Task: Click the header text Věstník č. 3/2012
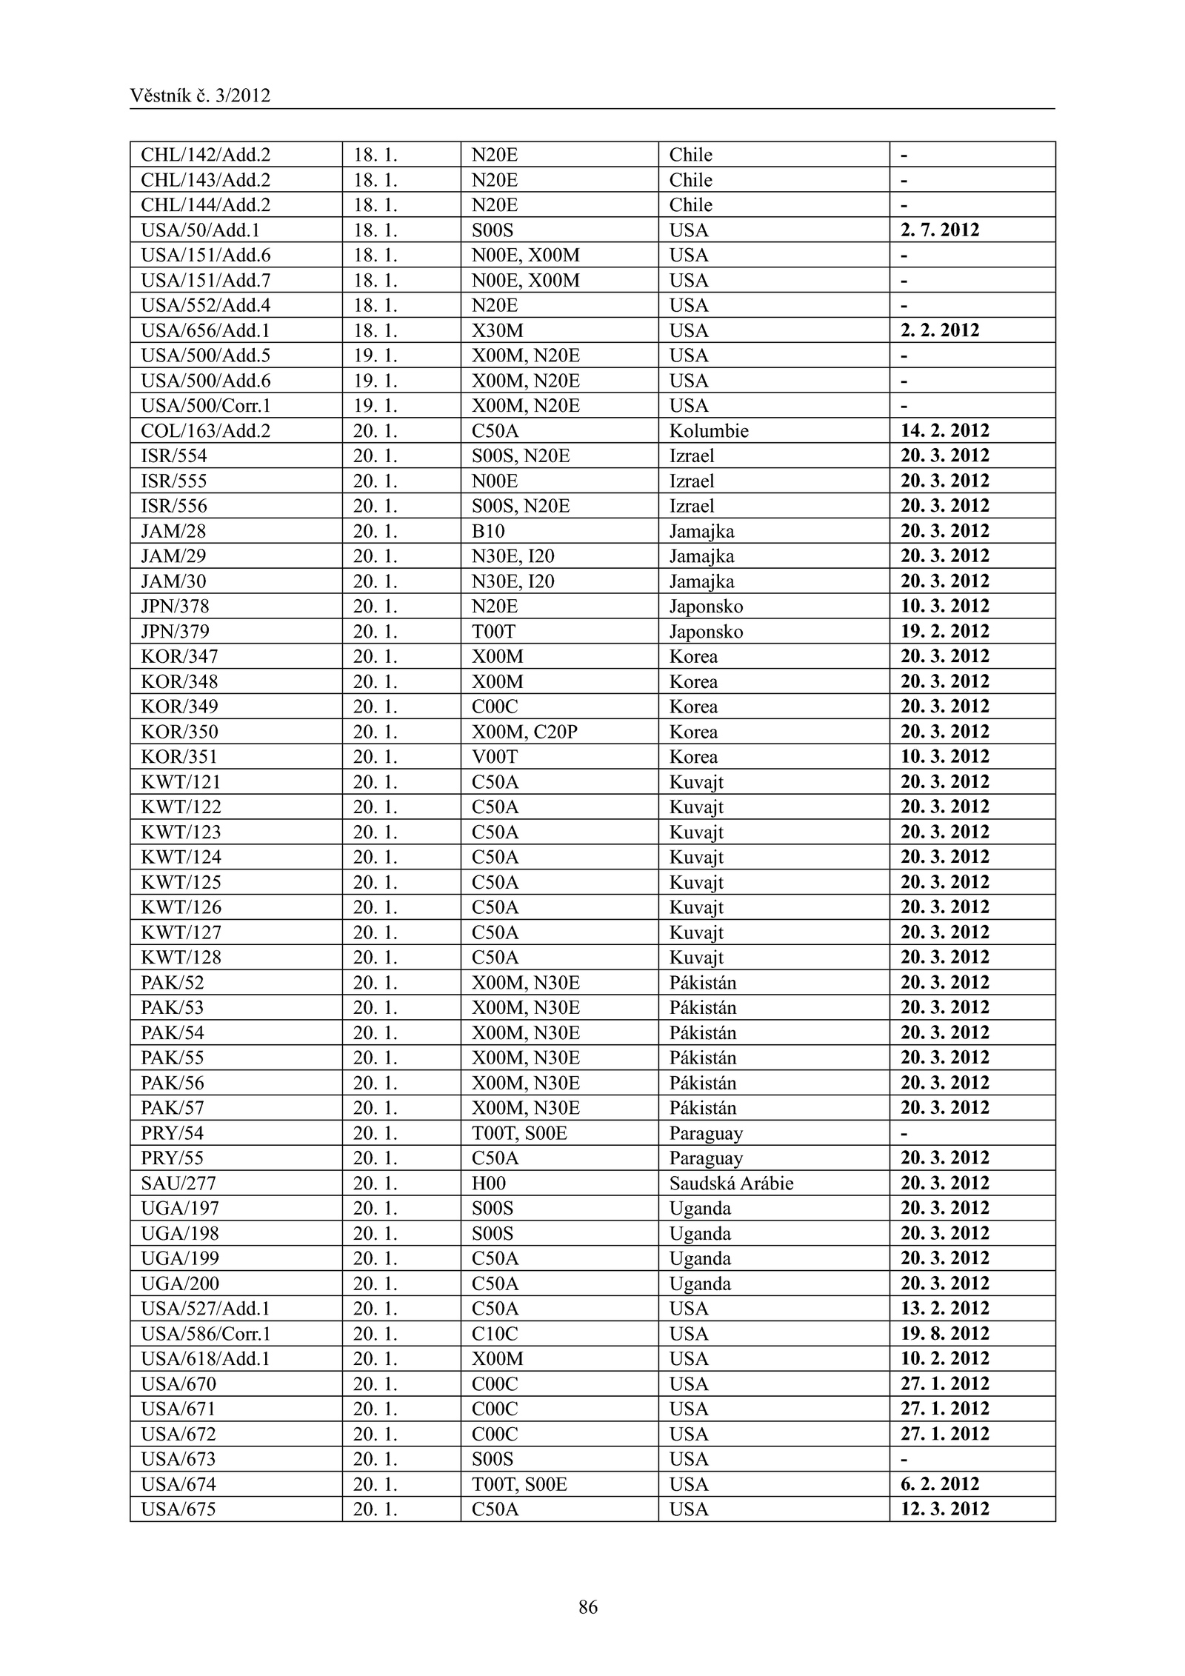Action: coord(200,96)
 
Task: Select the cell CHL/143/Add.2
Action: coord(206,180)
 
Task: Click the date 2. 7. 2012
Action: coord(939,230)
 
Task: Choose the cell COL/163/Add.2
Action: coord(206,431)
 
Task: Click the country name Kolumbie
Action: coord(709,431)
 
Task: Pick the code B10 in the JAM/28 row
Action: coord(488,531)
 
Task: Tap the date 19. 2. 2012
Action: coord(944,631)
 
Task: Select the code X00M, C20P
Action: coord(524,732)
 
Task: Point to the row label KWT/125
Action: coord(181,882)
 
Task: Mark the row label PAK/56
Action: coord(173,1083)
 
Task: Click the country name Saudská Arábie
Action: coord(731,1183)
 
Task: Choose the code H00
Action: coord(489,1183)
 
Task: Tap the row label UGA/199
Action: coord(180,1258)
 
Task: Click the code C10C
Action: coord(495,1334)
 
